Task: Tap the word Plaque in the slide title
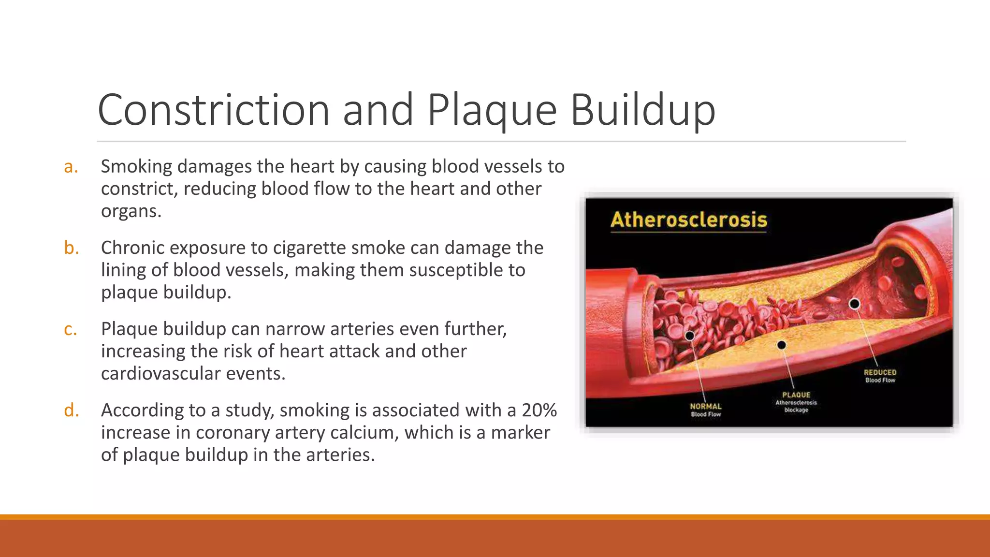(492, 111)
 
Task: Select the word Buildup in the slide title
(642, 111)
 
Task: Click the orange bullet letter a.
(71, 167)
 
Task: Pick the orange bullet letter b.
(72, 248)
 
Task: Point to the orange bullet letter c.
(71, 329)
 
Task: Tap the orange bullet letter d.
(72, 410)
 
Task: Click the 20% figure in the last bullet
(539, 410)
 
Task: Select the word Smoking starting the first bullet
(136, 167)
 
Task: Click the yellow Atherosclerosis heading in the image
(688, 220)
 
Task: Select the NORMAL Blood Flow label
(706, 410)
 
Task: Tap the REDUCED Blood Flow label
(880, 376)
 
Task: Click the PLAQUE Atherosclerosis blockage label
(796, 402)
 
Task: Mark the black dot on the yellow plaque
(781, 345)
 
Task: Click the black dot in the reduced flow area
(854, 304)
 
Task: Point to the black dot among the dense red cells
(690, 336)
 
